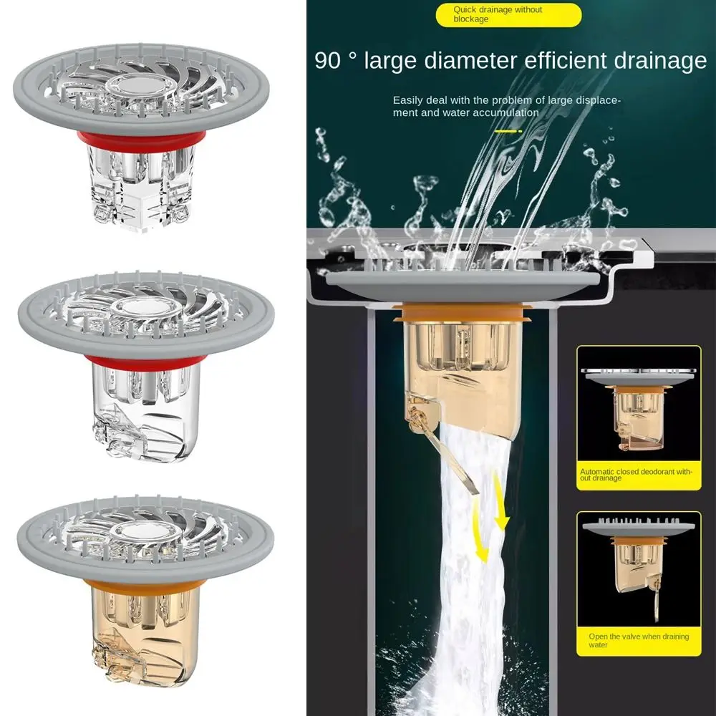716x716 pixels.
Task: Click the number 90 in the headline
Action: [x=327, y=60]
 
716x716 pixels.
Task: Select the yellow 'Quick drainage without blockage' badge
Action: [x=508, y=14]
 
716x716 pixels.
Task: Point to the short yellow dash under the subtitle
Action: [x=508, y=132]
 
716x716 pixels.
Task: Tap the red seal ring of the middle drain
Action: [x=143, y=363]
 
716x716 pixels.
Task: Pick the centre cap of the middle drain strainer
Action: [x=145, y=308]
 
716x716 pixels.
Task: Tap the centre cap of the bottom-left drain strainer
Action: [x=145, y=531]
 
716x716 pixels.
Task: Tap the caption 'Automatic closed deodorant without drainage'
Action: [x=636, y=475]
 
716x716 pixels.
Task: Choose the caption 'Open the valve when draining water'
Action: [x=639, y=640]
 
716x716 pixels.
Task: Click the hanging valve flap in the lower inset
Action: [x=656, y=597]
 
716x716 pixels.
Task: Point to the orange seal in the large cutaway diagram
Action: [x=461, y=314]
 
